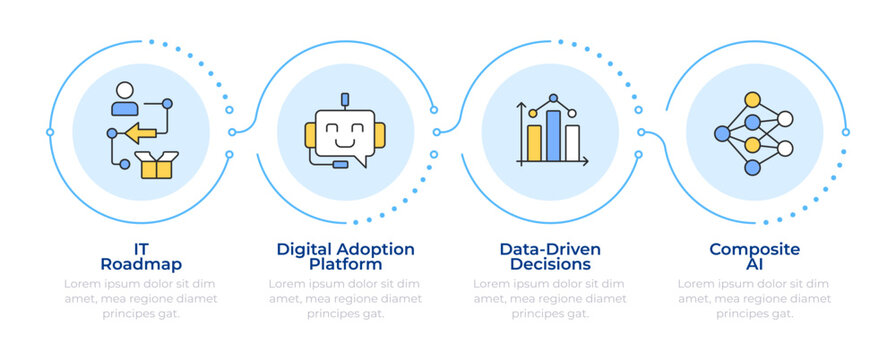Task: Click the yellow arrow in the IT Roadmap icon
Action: point(140,132)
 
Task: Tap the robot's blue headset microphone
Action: point(340,164)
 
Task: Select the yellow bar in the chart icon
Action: point(534,143)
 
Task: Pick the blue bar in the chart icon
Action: point(553,135)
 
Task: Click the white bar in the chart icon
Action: point(572,142)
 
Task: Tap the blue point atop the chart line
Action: point(552,99)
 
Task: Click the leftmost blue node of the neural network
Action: point(721,133)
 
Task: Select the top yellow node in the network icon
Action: point(751,100)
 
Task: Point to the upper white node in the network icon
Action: point(785,118)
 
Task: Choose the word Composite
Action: point(754,249)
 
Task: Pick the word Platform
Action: point(344,265)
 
